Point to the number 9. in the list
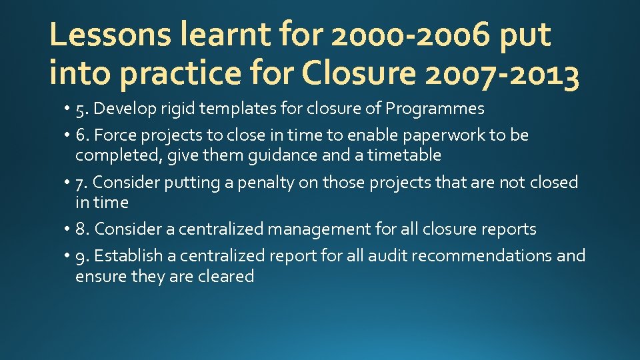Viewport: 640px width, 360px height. tap(83, 257)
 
